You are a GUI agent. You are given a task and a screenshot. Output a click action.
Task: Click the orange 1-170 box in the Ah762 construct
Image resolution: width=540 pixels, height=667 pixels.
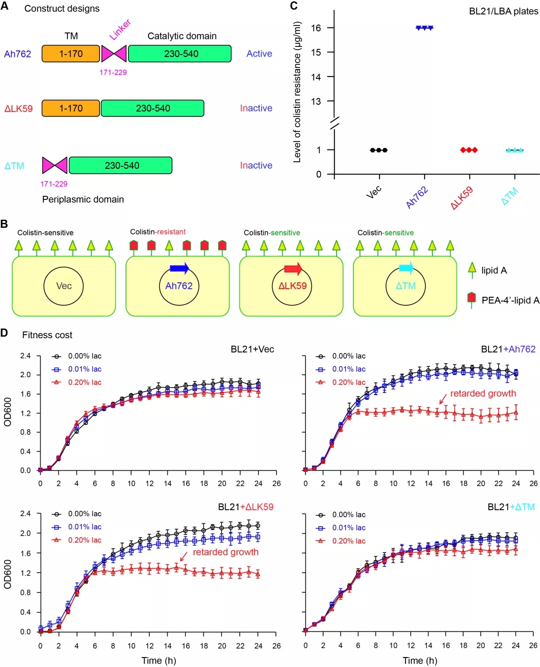(70, 54)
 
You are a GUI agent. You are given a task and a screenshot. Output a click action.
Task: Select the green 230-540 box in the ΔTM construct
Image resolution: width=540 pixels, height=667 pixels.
(120, 165)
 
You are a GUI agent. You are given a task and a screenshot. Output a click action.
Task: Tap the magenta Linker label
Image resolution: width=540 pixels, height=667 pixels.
(120, 29)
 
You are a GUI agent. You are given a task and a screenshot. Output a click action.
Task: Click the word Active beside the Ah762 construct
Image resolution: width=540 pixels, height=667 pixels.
(259, 53)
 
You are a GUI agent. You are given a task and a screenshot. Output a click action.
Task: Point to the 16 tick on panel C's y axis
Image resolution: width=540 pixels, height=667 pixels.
(316, 28)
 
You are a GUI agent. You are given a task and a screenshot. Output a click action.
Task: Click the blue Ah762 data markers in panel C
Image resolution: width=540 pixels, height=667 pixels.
(424, 28)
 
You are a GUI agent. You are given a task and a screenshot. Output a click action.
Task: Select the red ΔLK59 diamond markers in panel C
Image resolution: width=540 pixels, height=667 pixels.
(468, 150)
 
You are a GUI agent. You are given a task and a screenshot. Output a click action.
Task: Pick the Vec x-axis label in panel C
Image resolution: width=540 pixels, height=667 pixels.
(373, 191)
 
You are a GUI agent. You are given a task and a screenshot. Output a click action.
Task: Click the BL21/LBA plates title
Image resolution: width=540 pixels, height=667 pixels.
(503, 11)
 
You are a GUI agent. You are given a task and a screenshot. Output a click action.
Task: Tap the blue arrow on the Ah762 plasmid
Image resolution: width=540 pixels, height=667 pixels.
(179, 268)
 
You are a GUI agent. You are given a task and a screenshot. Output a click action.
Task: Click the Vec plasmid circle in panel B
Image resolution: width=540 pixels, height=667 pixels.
(64, 286)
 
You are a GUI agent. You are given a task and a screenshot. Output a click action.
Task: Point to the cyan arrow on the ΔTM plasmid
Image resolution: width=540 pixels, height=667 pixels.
(406, 268)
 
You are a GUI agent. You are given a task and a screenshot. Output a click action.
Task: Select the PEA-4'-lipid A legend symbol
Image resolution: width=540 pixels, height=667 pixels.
(471, 298)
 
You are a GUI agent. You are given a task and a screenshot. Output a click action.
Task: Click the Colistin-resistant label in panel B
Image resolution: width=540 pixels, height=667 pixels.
(157, 232)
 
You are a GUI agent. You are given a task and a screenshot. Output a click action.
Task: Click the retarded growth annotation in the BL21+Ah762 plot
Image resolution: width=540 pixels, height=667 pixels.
(483, 394)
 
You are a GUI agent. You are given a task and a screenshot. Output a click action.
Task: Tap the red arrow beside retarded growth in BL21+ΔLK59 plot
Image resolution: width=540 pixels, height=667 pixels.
(183, 556)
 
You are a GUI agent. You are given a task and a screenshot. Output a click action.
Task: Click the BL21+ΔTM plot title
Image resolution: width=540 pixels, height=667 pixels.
(511, 507)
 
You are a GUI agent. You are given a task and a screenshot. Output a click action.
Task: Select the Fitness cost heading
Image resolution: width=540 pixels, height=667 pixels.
(47, 335)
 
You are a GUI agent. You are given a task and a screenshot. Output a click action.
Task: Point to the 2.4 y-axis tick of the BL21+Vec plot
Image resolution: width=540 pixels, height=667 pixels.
(25, 356)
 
